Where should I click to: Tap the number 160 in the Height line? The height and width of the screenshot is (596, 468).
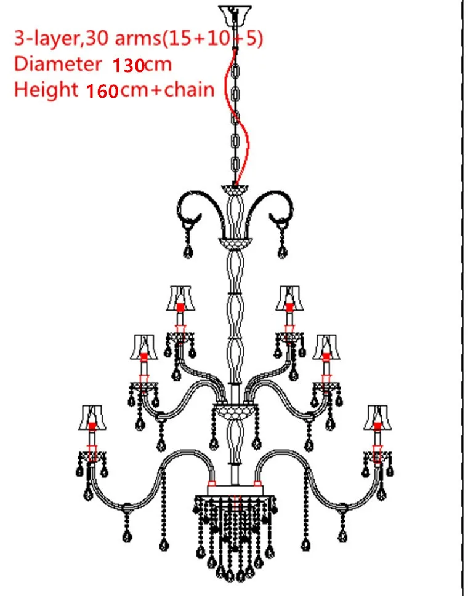102,90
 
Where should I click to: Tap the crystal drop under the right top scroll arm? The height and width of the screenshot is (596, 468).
282,250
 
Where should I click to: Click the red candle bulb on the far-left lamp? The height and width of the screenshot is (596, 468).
91,426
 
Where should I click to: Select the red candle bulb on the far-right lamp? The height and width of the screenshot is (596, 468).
377,426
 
